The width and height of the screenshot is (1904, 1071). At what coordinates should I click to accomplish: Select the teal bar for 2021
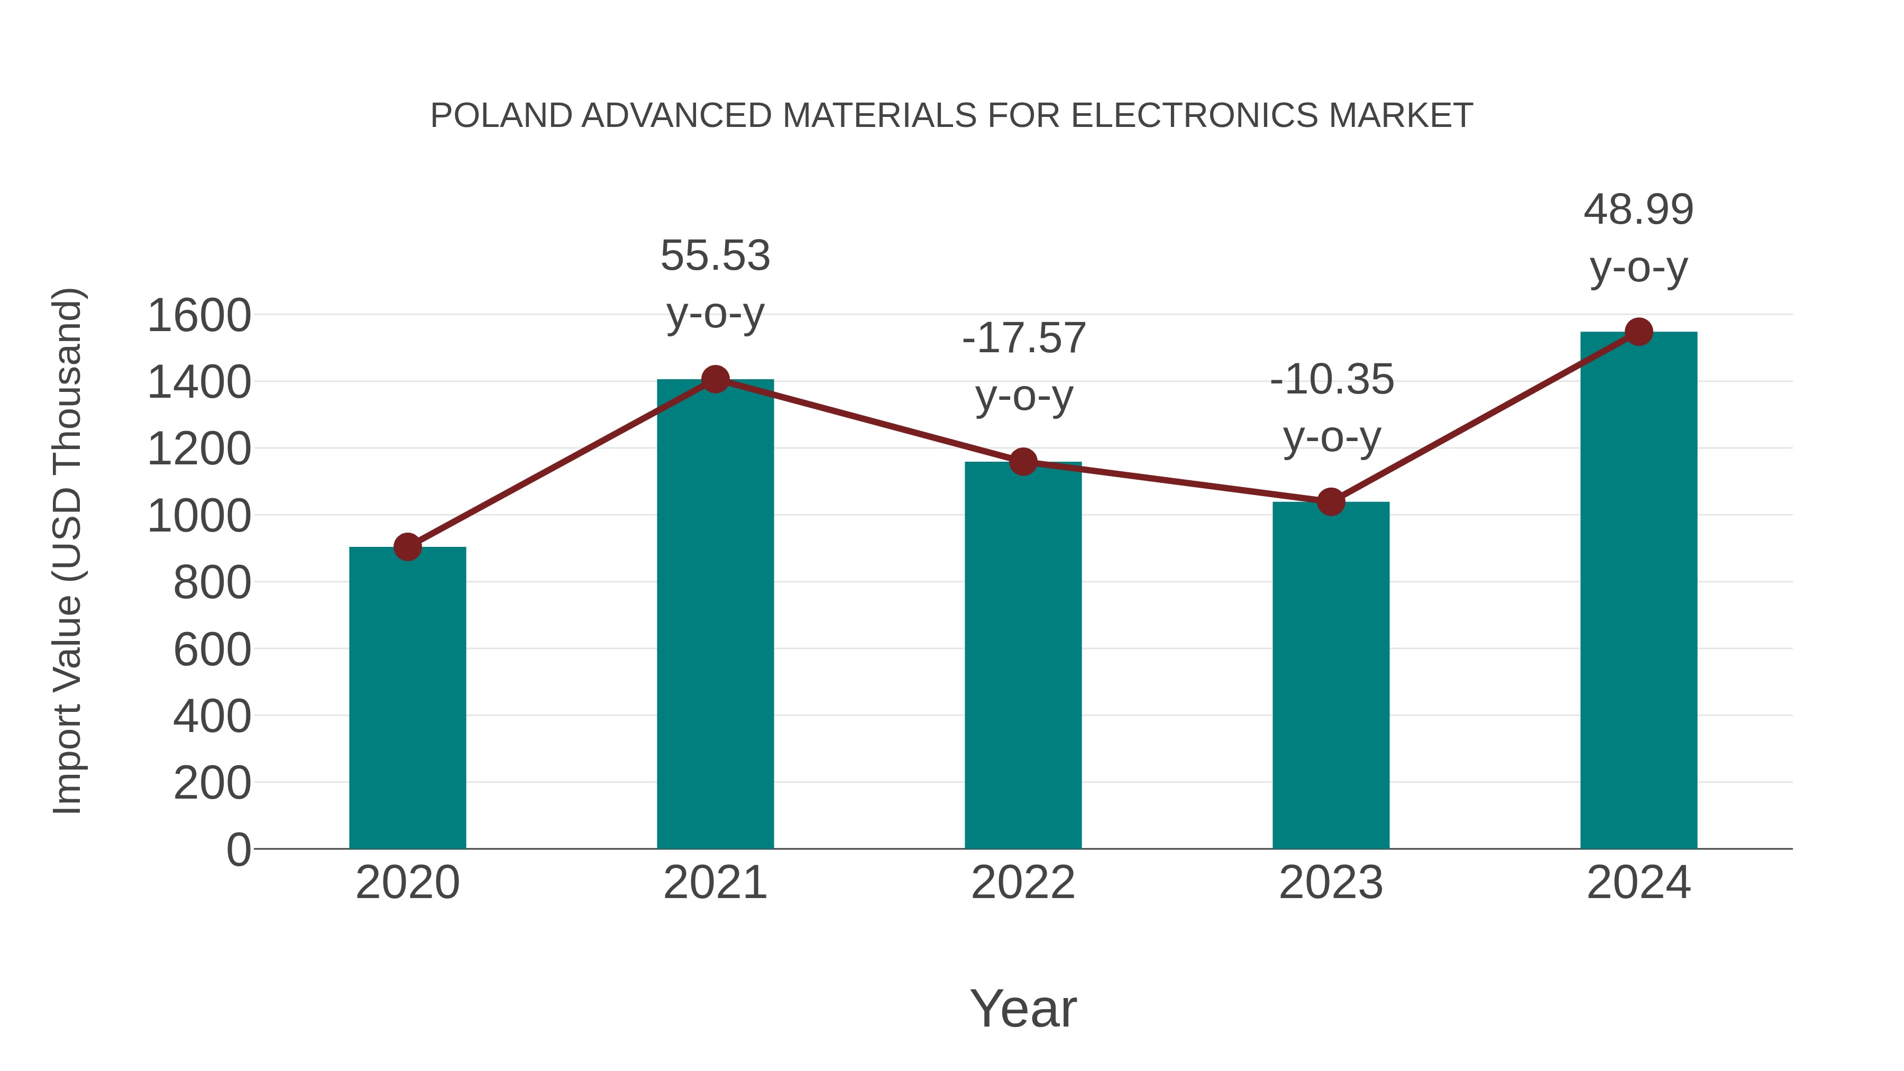[x=715, y=614]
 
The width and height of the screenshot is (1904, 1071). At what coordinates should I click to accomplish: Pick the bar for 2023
[x=1331, y=675]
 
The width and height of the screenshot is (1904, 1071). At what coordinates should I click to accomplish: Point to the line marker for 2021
[x=715, y=380]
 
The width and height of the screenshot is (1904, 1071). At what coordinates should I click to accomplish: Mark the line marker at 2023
[x=1331, y=502]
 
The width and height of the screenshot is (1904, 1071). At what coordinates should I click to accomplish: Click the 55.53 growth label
[x=715, y=256]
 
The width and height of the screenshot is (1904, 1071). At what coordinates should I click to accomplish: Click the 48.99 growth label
[x=1638, y=210]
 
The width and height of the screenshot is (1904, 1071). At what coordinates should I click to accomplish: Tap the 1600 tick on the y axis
[x=199, y=316]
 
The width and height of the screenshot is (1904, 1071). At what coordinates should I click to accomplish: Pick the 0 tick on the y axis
[x=238, y=849]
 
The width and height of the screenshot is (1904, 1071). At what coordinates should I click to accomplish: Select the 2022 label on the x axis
[x=1023, y=883]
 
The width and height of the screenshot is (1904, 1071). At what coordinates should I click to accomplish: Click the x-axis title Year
[x=1023, y=1008]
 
